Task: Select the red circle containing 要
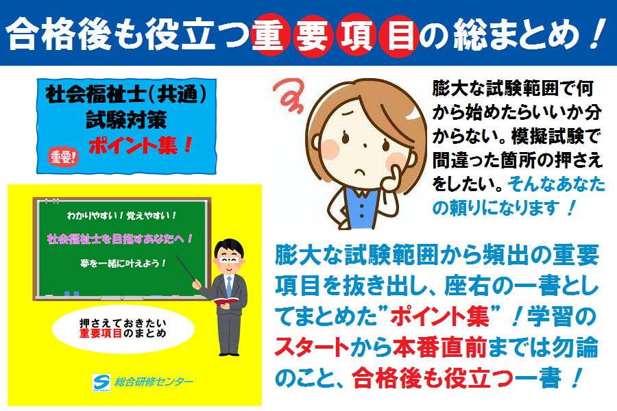point(313,36)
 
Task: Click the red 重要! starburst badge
point(63,157)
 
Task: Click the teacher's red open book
point(226,301)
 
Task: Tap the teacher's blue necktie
point(228,286)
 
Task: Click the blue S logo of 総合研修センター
point(101,382)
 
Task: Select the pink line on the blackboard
point(119,239)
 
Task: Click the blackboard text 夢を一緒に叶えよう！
point(123,263)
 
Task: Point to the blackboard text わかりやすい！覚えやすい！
point(121,216)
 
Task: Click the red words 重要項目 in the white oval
point(101,334)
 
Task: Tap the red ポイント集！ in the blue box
point(141,145)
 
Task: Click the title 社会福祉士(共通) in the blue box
point(126,95)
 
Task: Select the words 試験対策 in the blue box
point(126,120)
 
